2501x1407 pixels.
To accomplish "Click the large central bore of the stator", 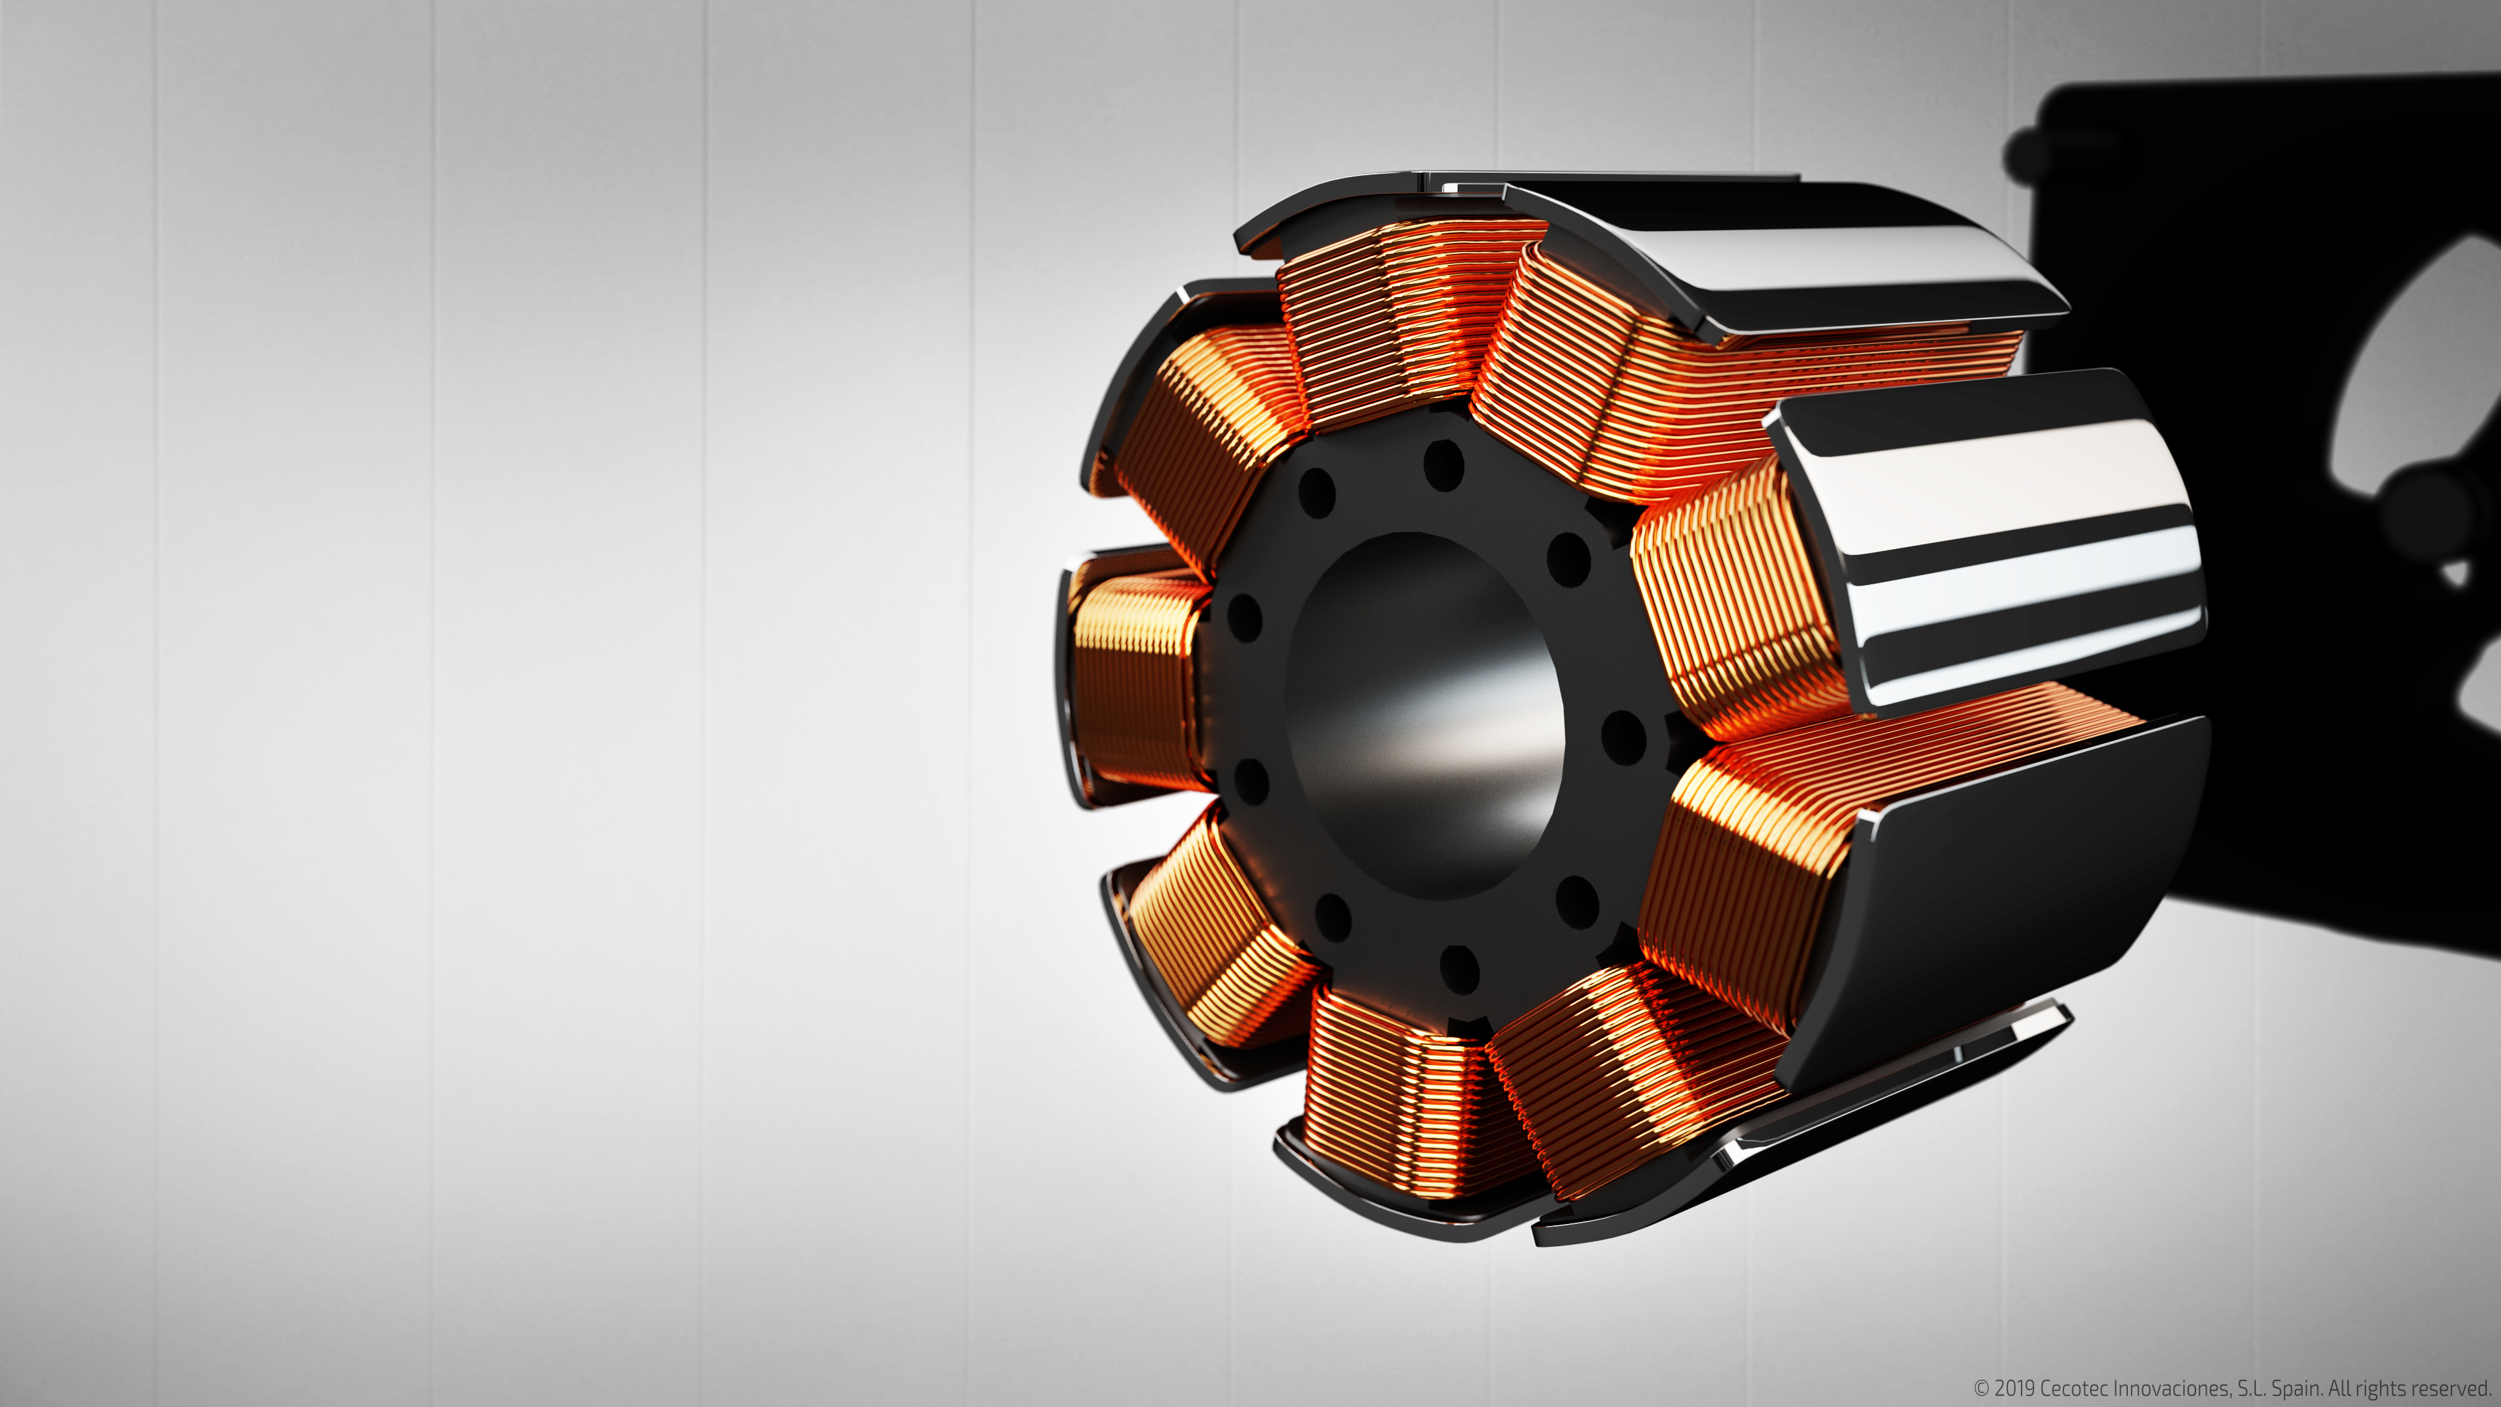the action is pyautogui.click(x=1425, y=716).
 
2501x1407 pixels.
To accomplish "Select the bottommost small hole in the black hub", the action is pyautogui.click(x=1459, y=968).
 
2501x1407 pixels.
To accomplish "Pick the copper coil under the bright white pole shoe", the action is pyautogui.click(x=1738, y=602).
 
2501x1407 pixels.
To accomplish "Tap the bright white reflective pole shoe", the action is pyautogui.click(x=1985, y=539).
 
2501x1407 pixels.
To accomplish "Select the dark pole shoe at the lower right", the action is pyautogui.click(x=1990, y=903).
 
